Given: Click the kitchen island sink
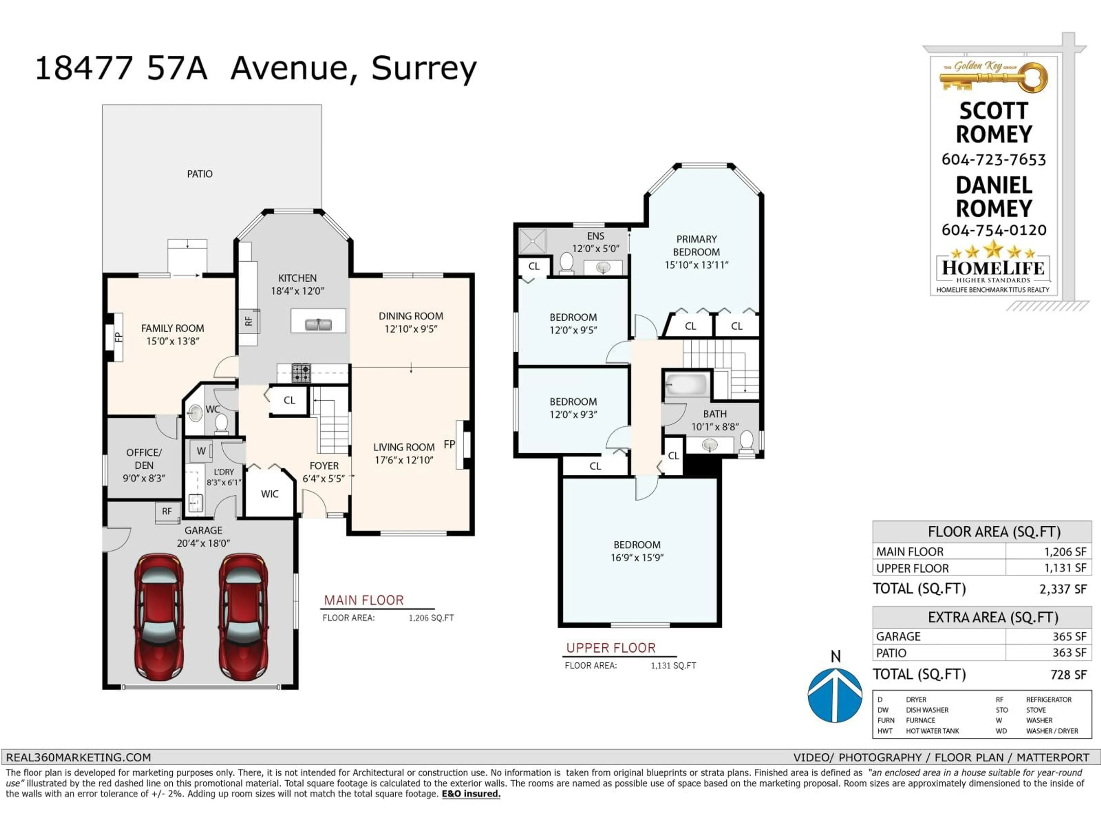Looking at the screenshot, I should coord(318,325).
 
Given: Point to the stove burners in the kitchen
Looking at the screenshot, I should coord(301,373).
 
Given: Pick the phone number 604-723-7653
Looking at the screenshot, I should coord(993,160).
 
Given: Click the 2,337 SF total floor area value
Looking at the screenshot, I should coord(1063,589).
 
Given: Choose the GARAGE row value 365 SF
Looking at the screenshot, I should coord(1069,636).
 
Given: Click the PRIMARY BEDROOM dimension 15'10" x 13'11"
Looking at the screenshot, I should coord(696,265).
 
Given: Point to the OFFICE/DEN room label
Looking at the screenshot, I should coord(144,459).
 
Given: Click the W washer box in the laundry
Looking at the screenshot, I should coord(201,451).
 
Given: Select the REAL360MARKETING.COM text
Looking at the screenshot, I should coord(79,757).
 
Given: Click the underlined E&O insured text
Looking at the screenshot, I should coord(471,794).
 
